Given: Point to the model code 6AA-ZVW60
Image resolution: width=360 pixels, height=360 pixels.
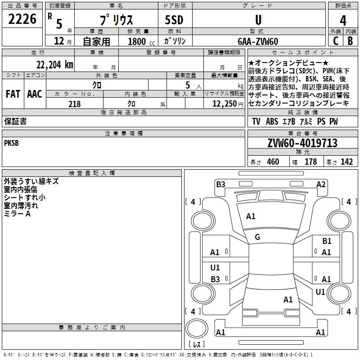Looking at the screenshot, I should (x=258, y=41).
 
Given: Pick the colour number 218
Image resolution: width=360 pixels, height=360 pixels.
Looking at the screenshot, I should (x=74, y=104).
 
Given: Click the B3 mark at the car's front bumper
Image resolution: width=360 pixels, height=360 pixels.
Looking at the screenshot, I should (x=220, y=184).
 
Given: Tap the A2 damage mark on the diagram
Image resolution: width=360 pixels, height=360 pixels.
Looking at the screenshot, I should (x=321, y=184).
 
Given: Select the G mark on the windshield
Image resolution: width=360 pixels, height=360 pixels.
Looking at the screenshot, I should (x=257, y=237).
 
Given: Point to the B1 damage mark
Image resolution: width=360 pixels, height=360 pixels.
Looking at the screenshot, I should (x=327, y=241).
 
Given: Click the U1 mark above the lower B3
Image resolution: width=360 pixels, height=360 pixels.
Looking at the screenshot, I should (x=215, y=268).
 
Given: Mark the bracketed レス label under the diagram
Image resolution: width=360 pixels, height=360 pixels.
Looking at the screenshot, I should (x=197, y=345).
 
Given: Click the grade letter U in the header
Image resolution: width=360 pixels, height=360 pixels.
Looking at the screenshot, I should (x=258, y=20).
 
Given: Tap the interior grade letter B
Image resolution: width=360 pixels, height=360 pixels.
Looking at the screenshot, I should (x=350, y=41).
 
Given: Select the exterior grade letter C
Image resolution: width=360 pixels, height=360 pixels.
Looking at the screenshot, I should (x=336, y=41).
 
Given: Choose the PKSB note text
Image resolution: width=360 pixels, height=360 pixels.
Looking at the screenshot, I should (x=12, y=143).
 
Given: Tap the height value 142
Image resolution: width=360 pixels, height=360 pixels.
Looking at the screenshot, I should (x=346, y=162).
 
